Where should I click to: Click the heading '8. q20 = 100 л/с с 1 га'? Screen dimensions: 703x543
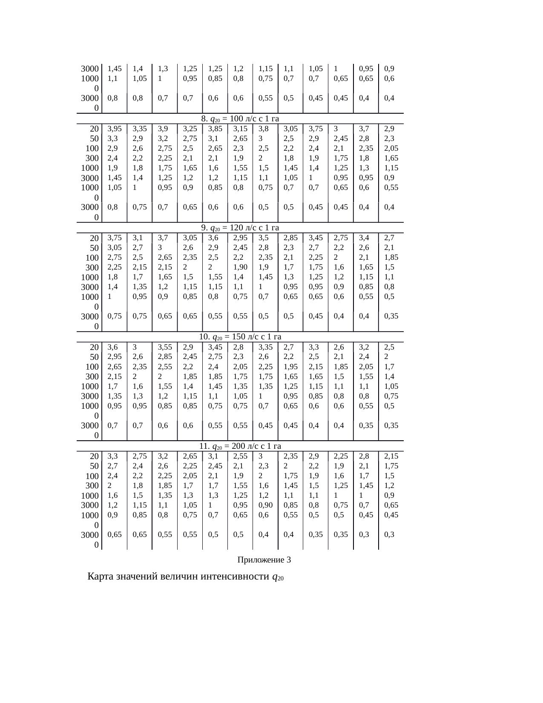tap(240, 119)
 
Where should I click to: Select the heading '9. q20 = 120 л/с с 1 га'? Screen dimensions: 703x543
tap(240, 228)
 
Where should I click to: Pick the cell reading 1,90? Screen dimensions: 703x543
tap(240, 267)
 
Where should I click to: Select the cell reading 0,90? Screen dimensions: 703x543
tap(265, 505)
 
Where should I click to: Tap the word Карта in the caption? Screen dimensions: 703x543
tap(101, 577)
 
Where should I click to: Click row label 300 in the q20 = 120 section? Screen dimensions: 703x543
tap(92, 268)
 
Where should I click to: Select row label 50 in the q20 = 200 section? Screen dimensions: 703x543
tap(95, 466)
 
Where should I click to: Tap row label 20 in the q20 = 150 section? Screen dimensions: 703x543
tap(95, 347)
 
